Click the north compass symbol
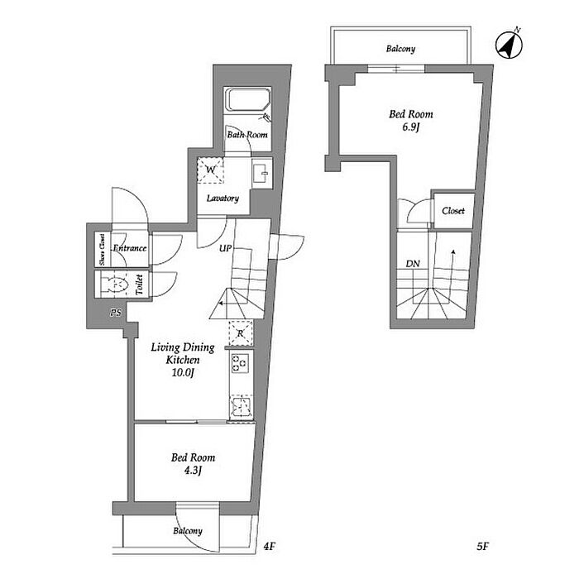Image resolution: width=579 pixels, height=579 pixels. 509,45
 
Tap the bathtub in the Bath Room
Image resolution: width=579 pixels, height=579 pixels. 248,99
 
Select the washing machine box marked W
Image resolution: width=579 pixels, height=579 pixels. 210,170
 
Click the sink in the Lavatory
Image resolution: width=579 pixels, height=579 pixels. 262,172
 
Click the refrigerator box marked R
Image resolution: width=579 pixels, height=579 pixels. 242,333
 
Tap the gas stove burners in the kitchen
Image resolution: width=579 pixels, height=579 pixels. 240,362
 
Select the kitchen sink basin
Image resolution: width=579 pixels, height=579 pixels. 241,406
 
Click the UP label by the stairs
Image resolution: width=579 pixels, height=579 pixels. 225,248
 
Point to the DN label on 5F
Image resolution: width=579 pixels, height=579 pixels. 413,264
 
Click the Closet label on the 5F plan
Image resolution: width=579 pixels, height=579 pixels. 453,211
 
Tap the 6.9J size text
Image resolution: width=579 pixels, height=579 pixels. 411,127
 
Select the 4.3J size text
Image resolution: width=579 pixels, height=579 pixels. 193,471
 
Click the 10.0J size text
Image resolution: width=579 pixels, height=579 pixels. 183,372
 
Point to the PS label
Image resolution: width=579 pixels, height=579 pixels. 116,313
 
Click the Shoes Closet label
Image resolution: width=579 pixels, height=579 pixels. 103,249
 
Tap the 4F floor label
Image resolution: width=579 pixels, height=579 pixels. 269,546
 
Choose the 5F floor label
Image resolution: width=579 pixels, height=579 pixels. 482,546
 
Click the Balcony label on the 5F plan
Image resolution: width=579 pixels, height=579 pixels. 400,48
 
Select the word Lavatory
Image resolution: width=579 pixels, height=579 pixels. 223,199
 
